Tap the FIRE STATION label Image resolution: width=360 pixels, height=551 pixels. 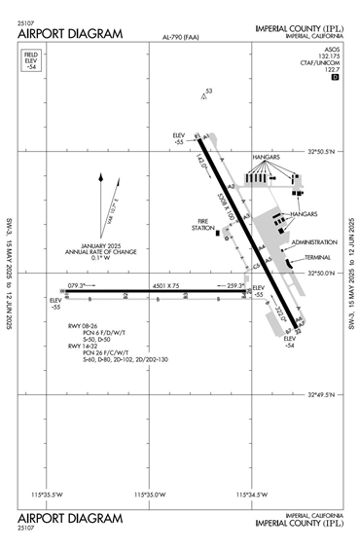(x=202, y=225)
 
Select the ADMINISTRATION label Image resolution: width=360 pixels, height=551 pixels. (x=313, y=241)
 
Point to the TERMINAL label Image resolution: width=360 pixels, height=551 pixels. (x=317, y=257)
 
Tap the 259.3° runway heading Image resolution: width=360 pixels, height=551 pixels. (x=236, y=285)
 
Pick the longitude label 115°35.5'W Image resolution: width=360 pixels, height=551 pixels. (x=52, y=495)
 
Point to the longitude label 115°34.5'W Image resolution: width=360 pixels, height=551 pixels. (x=250, y=495)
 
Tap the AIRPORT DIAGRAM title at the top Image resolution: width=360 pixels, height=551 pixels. (x=70, y=33)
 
